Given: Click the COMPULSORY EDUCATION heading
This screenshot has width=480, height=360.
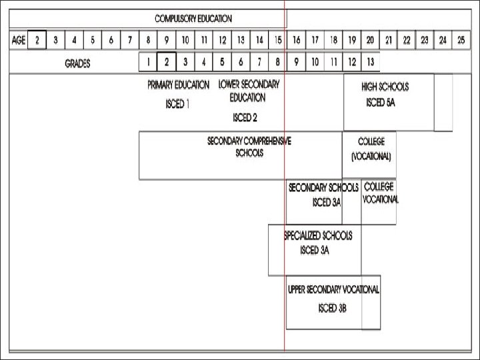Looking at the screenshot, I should [x=194, y=19].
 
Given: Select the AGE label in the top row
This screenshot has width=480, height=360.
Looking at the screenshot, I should [x=18, y=40].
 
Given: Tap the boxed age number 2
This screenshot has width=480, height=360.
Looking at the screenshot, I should [x=37, y=40].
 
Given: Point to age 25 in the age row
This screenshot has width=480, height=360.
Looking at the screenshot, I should [x=461, y=40].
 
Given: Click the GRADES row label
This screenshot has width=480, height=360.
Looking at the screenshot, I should [x=77, y=64].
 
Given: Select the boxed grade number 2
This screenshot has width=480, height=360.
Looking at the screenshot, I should [x=167, y=63].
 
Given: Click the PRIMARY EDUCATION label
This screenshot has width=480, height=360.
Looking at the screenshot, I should [x=178, y=85].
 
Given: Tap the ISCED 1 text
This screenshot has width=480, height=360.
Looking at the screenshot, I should [x=178, y=105].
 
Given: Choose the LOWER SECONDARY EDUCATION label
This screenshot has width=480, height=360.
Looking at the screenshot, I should [x=249, y=91].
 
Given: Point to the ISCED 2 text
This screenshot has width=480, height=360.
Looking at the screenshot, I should [x=245, y=117].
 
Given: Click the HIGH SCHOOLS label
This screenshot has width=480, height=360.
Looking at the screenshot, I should [x=385, y=87].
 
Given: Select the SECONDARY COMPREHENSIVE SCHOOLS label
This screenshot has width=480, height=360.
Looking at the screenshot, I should [x=249, y=147].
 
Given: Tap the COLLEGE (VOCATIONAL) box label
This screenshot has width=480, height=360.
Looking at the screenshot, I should [x=371, y=149].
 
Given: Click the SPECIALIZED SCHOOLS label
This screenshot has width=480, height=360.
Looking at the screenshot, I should [x=318, y=236].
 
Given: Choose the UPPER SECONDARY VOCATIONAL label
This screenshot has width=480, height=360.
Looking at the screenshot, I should [x=333, y=289].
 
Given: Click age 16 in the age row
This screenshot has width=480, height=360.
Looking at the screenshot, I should [x=297, y=40].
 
